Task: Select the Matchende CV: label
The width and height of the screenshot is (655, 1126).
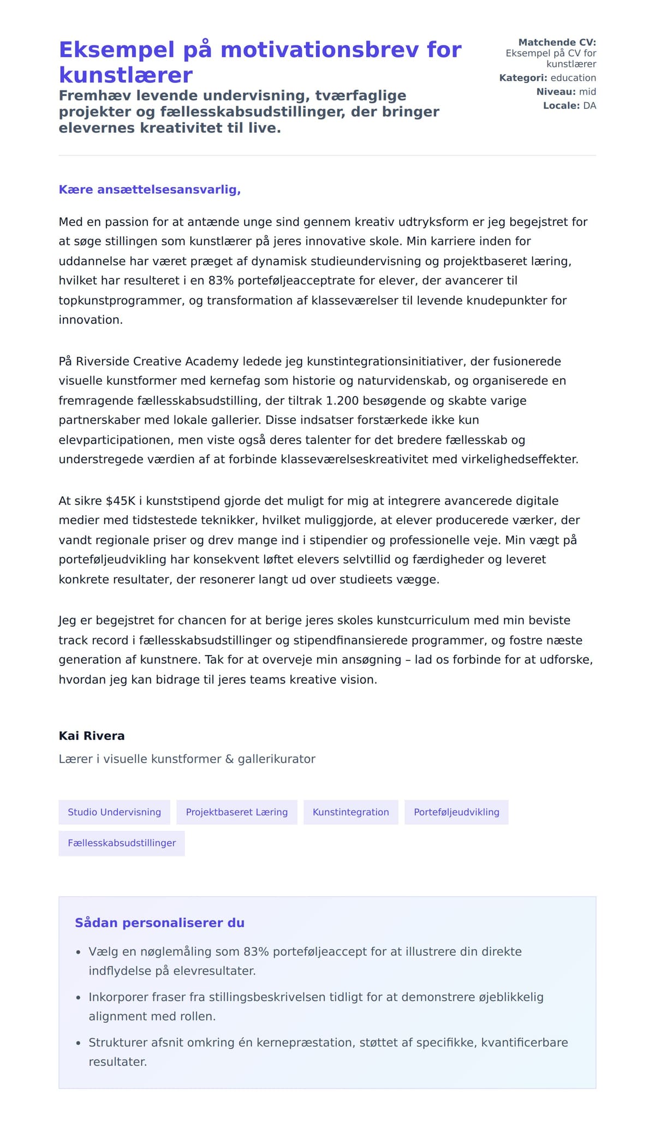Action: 557,43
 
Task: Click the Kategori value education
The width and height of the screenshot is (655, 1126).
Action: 573,78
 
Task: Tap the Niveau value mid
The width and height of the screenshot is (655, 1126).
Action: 587,92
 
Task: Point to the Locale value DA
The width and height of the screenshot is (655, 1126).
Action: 589,106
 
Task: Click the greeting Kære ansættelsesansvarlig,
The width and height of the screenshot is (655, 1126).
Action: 150,190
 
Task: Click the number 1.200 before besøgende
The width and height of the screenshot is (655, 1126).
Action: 342,401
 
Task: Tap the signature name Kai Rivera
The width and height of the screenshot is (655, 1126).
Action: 92,736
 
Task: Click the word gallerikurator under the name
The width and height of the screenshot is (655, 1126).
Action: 276,759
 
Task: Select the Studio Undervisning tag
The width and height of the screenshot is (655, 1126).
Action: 114,812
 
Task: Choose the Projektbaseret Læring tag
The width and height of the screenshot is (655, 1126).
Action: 236,812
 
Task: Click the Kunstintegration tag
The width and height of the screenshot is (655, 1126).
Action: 350,812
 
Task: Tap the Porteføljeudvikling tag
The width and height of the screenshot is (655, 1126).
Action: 456,812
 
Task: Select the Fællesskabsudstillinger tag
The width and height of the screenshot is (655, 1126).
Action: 122,843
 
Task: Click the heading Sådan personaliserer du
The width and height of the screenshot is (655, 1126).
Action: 159,923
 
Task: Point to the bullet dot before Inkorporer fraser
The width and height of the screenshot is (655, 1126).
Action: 78,998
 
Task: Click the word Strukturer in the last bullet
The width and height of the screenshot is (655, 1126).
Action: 117,1042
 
